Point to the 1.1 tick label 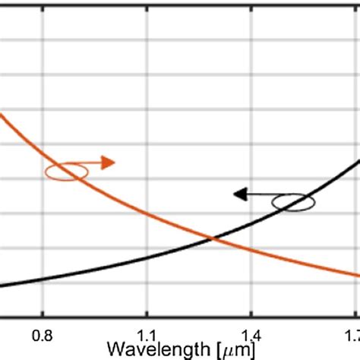[x=147, y=335]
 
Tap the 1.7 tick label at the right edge [x=350, y=335]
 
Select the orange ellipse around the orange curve [x=66, y=171]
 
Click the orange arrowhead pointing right [x=109, y=162]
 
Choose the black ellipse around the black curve [x=293, y=202]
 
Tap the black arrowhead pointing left [x=240, y=194]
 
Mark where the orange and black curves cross [x=213, y=239]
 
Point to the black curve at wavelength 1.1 [x=147, y=262]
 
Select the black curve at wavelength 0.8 [x=43, y=279]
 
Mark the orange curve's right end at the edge [x=358, y=276]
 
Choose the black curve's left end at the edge [x=2, y=286]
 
